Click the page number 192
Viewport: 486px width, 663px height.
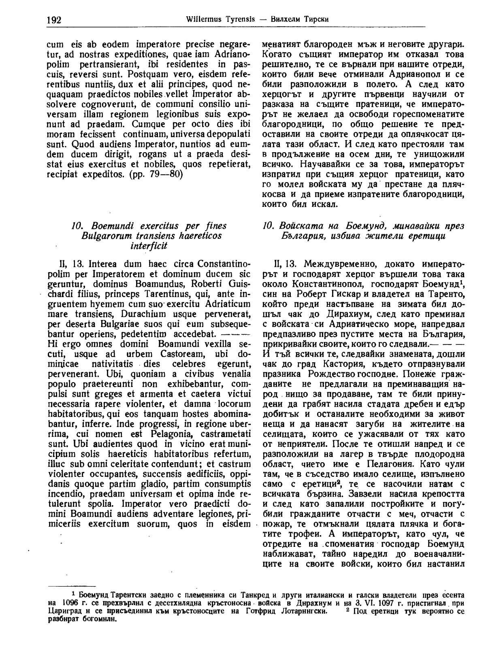[54, 19]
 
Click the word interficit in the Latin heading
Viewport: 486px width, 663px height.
[149, 246]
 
